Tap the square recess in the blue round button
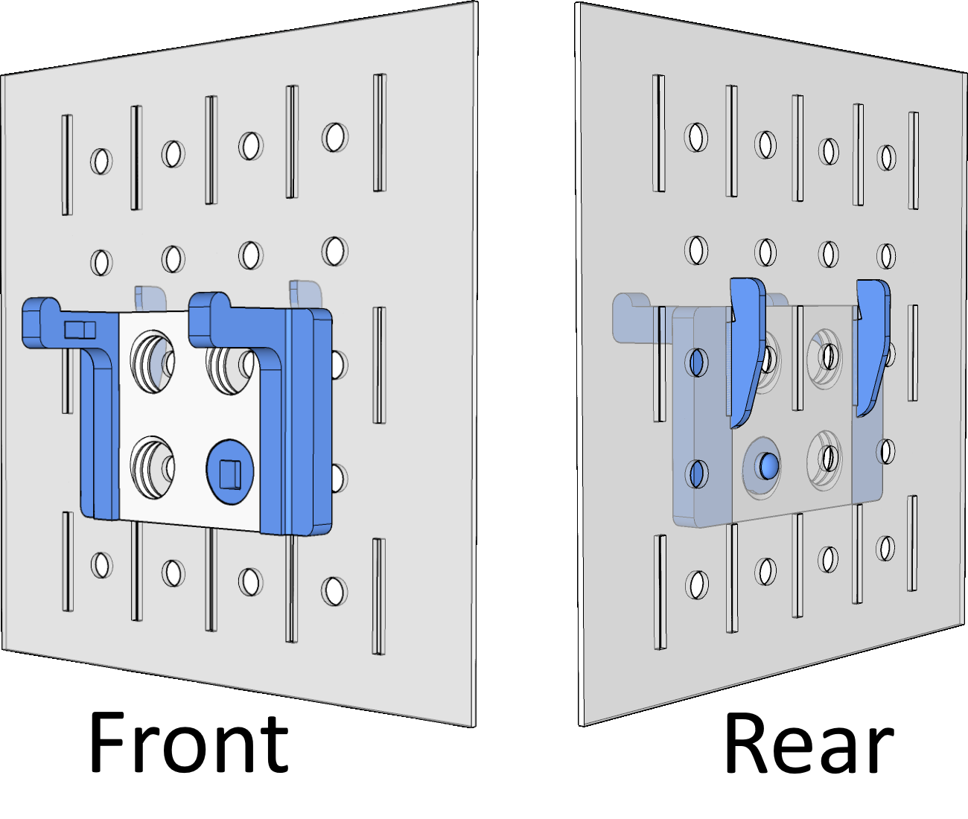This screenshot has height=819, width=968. tap(230, 472)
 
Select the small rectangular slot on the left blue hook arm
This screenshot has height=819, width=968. tap(80, 329)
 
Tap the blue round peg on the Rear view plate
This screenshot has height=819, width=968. tap(768, 467)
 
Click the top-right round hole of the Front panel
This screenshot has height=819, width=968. tap(334, 136)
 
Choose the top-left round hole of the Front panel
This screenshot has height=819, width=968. tap(101, 161)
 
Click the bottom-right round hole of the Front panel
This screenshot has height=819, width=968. tap(334, 590)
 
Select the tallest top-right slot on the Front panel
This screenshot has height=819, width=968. tap(379, 133)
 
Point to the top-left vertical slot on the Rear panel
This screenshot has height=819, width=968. tap(658, 134)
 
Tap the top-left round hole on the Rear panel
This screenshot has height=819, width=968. tap(696, 137)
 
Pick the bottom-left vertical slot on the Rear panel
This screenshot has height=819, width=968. tap(660, 592)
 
